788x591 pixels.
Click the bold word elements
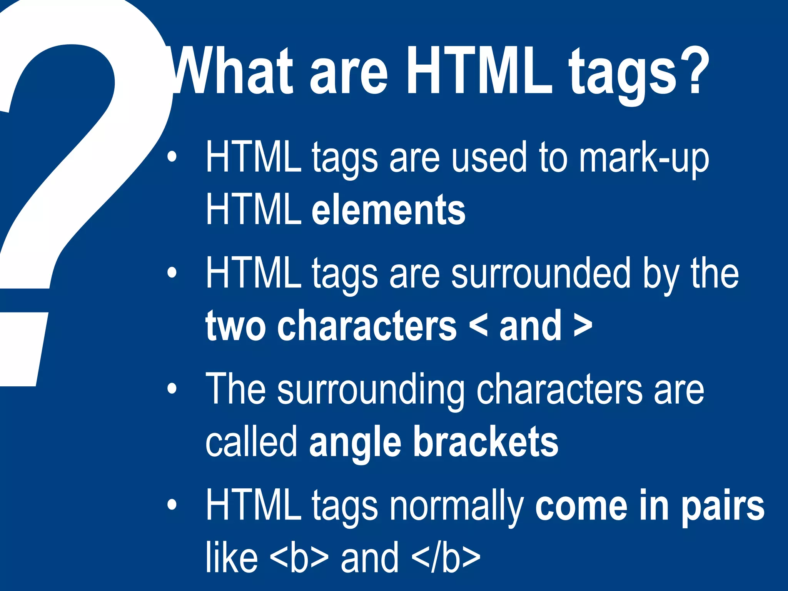click(389, 210)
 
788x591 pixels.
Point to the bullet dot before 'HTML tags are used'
click(172, 157)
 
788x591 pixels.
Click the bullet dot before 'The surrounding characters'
click(172, 388)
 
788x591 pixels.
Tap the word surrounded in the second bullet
click(541, 273)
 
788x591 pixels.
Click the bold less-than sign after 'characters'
click(478, 326)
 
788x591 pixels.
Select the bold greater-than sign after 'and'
click(583, 326)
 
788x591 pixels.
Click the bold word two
click(235, 326)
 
